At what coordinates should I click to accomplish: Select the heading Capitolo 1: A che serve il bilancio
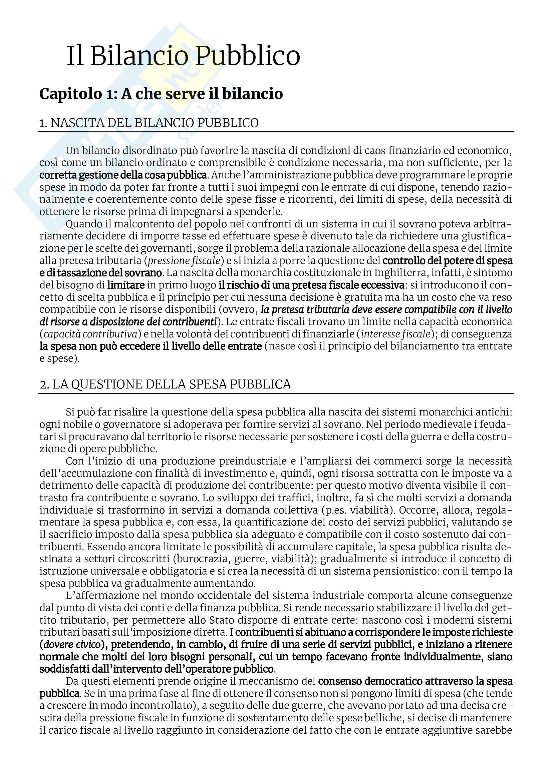click(161, 94)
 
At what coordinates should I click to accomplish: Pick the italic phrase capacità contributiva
click(90, 334)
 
